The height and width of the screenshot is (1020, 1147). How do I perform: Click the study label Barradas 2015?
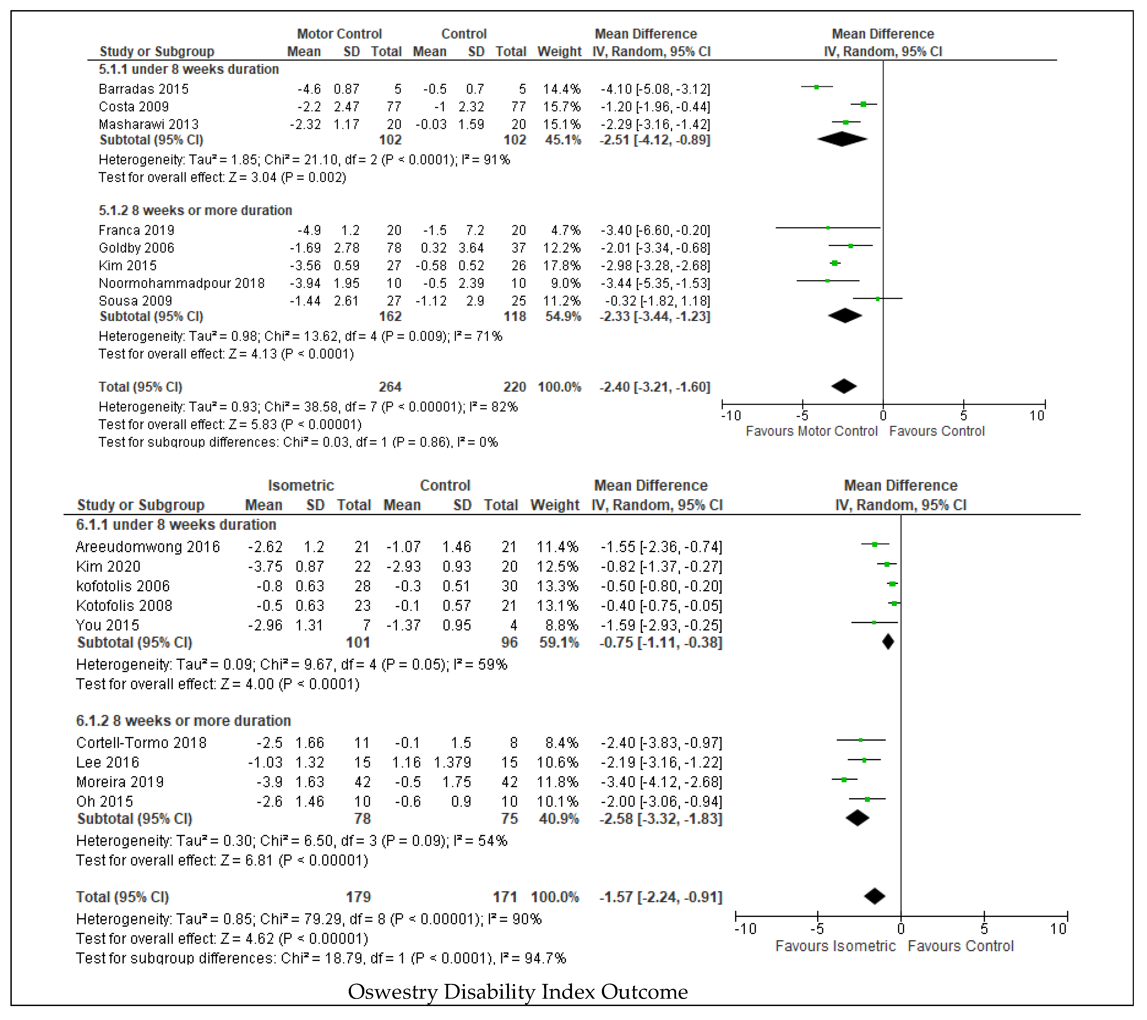(x=144, y=89)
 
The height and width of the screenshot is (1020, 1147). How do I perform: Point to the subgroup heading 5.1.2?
(x=195, y=211)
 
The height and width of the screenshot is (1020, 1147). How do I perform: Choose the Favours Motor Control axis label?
(x=811, y=431)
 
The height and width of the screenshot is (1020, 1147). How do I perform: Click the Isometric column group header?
(x=301, y=486)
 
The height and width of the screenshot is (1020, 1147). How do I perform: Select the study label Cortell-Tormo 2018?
(x=141, y=743)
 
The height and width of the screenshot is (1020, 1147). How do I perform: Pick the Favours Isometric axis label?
(x=836, y=947)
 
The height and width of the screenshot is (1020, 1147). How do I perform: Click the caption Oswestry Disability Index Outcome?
(x=517, y=992)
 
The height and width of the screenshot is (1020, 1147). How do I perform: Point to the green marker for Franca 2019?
(x=828, y=228)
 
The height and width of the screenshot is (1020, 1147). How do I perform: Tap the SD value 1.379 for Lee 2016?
(x=452, y=763)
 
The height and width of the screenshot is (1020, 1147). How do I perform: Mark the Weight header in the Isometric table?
(x=554, y=505)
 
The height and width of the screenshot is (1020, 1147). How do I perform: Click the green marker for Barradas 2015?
(x=816, y=87)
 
